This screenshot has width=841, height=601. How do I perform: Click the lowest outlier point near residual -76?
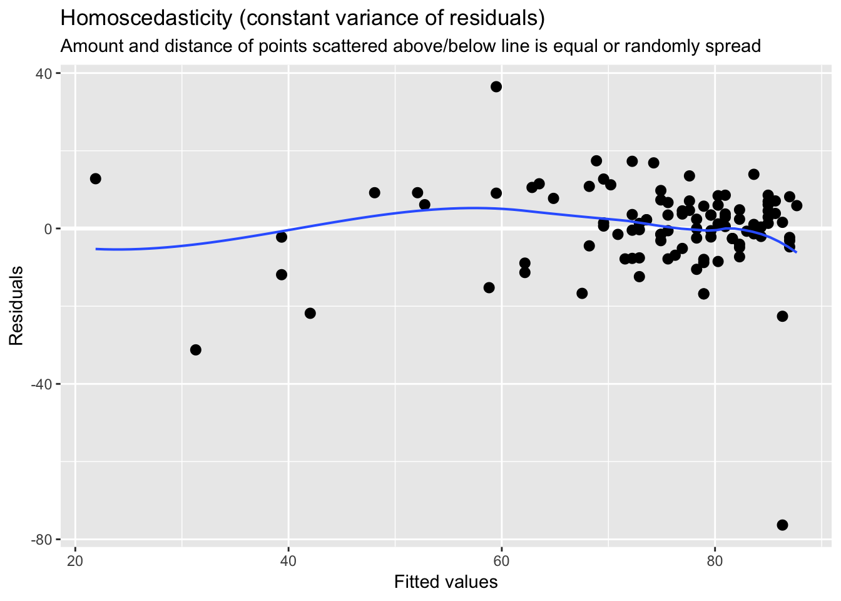(782, 525)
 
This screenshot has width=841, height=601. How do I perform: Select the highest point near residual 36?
(496, 86)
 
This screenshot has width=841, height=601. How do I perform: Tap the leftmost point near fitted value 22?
(96, 178)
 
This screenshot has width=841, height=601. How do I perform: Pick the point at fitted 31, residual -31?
(196, 349)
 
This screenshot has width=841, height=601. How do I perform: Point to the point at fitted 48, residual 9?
(375, 192)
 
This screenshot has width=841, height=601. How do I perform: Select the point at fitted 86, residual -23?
(782, 316)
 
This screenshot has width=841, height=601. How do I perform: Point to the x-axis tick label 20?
(75, 559)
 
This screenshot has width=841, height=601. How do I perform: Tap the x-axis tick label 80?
(715, 559)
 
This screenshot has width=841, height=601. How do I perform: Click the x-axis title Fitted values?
(446, 583)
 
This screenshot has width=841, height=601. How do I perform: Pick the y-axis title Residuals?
(16, 306)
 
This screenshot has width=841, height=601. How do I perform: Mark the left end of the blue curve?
(96, 249)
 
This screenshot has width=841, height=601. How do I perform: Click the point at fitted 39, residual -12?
(282, 274)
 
